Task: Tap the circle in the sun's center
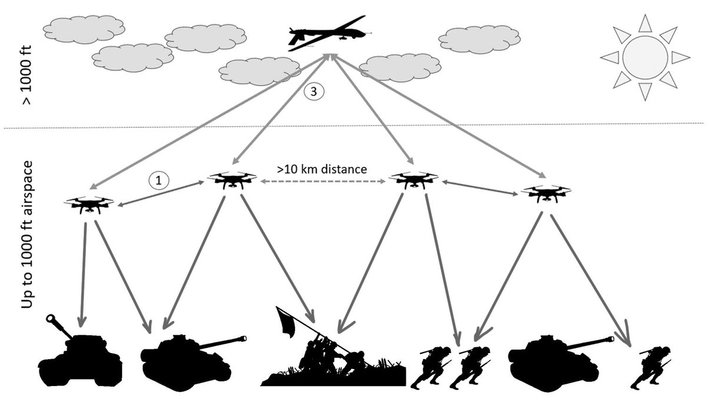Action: point(645,57)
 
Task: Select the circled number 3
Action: point(313,92)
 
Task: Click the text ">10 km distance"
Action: point(322,169)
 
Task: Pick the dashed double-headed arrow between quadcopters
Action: point(322,183)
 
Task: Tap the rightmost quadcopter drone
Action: point(545,193)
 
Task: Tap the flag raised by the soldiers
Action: point(286,323)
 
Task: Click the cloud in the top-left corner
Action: point(84,28)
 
